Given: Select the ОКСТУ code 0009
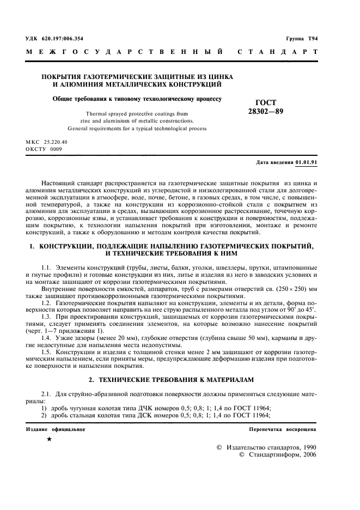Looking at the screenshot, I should click(56, 148).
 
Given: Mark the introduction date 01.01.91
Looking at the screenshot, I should click(307, 162).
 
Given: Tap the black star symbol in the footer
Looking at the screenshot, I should click(50, 439).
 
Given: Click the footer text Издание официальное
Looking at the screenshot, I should click(56, 429).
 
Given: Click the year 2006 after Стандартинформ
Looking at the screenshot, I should click(308, 454).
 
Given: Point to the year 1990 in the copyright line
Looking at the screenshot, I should click(308, 447).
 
